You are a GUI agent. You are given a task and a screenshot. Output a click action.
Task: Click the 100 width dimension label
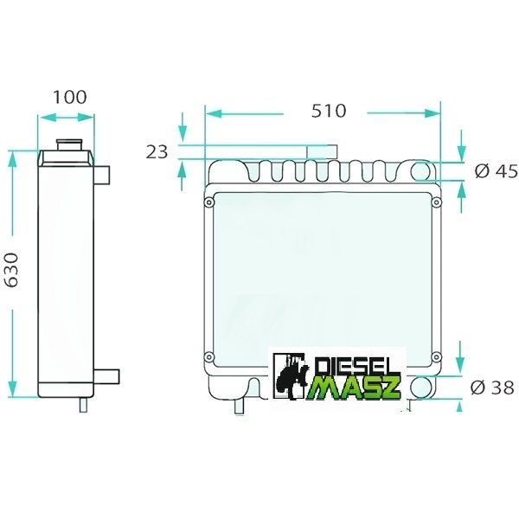70,97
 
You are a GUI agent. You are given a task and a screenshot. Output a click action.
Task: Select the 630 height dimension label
12,270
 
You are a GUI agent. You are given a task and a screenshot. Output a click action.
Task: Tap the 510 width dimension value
329,111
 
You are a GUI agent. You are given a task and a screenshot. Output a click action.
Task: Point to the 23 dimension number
157,152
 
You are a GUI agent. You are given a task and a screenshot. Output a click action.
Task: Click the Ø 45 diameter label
496,171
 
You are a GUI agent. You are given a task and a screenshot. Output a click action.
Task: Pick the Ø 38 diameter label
492,388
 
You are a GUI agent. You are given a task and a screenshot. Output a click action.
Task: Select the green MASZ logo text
354,387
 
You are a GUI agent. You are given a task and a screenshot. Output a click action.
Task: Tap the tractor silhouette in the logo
292,375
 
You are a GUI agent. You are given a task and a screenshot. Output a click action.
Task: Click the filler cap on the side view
69,145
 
